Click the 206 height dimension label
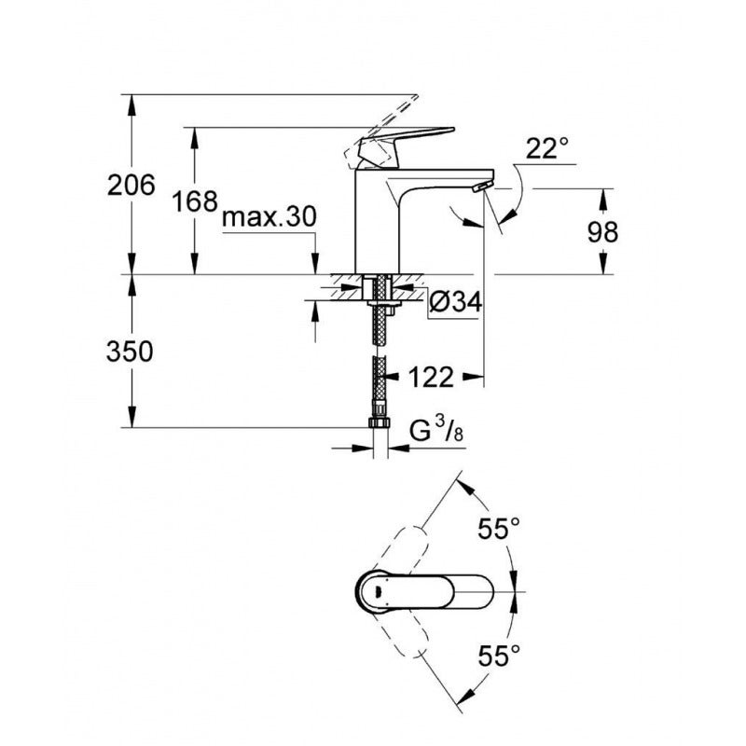coord(130,186)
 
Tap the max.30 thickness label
coord(269,217)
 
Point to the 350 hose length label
coord(130,351)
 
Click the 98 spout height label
coord(602,232)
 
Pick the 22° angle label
coord(546,148)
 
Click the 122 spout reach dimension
coord(430,377)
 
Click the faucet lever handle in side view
coord(410,142)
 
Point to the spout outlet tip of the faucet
coord(479,188)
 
